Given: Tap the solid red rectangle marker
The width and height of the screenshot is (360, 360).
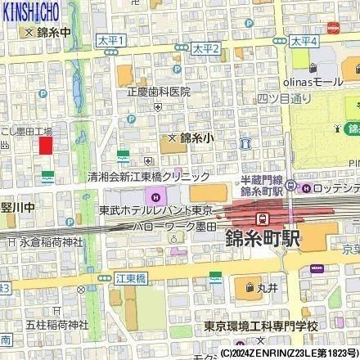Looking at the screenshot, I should (46, 145).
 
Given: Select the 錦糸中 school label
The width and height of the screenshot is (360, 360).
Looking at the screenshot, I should (55, 34).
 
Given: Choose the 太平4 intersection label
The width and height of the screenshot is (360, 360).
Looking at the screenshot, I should (304, 40).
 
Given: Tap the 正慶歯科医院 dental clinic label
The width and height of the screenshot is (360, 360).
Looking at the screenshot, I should (159, 92).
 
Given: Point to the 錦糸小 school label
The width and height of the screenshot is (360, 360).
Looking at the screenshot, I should (196, 138).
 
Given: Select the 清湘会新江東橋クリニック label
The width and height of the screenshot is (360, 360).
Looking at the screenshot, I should (150, 177).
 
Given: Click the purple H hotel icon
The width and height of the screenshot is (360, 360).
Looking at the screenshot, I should (155, 196).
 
